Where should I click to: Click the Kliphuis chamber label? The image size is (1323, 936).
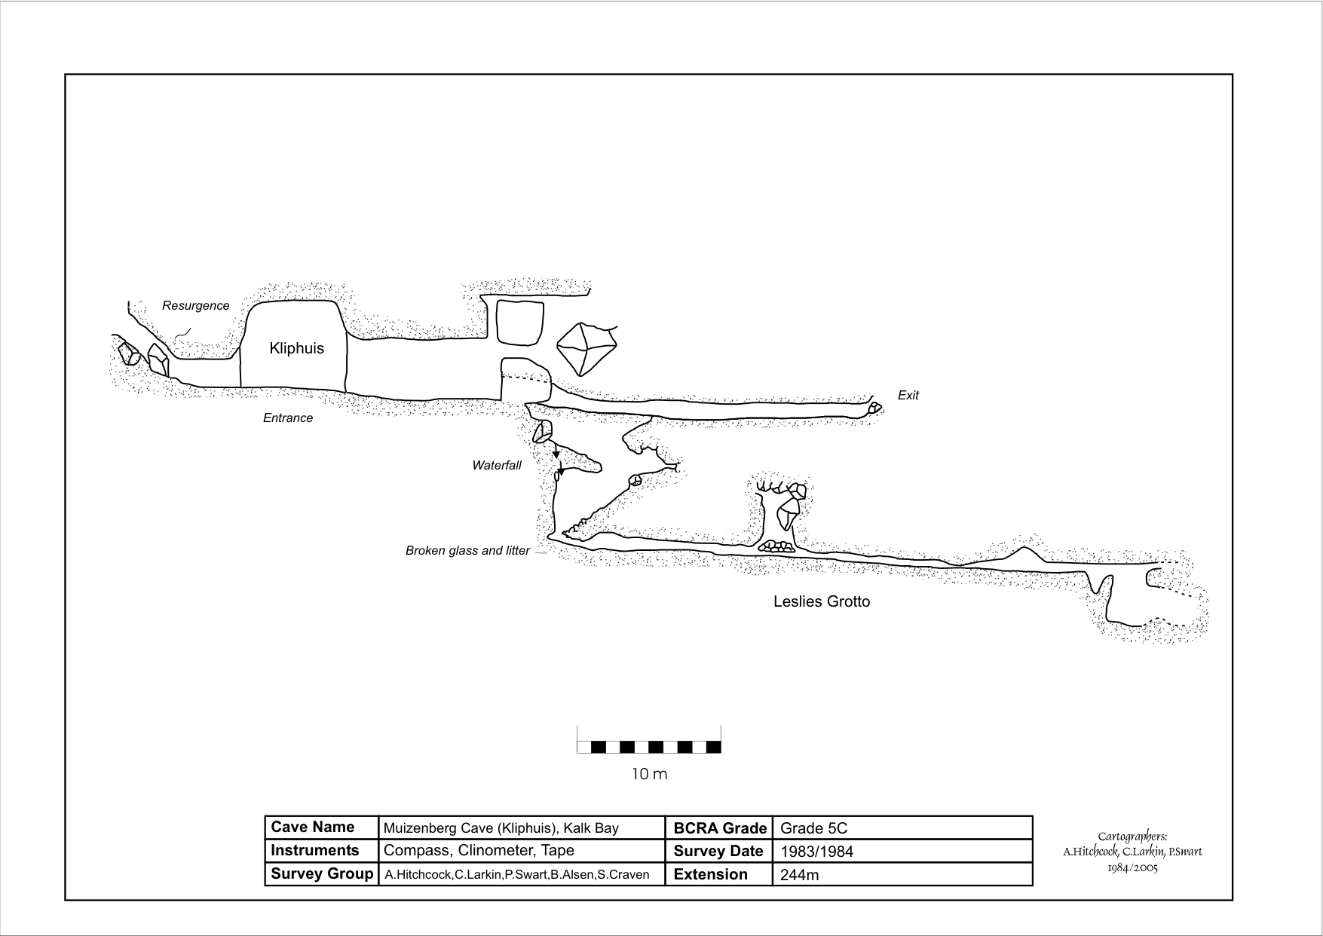(296, 348)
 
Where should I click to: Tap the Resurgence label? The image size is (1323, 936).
(195, 305)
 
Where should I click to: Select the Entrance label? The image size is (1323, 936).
(287, 418)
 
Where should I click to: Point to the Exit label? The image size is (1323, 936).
(908, 395)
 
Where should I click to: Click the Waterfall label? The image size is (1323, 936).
(496, 465)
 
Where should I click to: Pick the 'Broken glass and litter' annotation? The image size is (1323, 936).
(467, 550)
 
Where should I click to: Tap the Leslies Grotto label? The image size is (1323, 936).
(821, 601)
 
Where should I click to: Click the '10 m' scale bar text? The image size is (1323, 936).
(649, 774)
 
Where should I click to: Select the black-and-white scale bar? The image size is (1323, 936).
(649, 747)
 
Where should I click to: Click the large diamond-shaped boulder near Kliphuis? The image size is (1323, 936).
(586, 349)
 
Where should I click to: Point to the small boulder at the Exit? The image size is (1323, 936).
(874, 408)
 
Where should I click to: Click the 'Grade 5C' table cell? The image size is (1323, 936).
(813, 828)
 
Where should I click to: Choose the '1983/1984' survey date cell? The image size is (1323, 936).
(816, 852)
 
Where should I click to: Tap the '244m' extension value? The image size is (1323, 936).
(799, 875)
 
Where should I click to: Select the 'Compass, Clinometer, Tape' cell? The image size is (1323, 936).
(479, 850)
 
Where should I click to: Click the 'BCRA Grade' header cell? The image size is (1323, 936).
(719, 828)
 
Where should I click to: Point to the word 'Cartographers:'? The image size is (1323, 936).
(1132, 836)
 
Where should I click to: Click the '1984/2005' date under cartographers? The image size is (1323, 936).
(1132, 867)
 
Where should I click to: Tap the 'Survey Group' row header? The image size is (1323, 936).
(321, 873)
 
